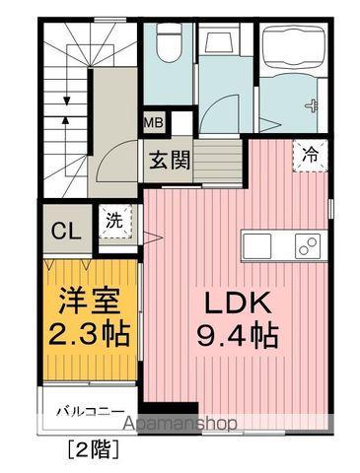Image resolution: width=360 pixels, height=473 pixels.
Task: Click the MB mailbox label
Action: click(154, 124)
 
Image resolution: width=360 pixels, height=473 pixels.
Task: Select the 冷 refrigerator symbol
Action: click(310, 154)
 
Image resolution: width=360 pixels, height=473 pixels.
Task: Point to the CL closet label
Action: click(66, 232)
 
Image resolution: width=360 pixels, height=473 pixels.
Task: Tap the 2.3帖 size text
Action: click(89, 333)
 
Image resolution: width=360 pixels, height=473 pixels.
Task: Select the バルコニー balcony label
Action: click(89, 411)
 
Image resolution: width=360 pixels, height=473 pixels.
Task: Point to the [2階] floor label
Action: click(94, 452)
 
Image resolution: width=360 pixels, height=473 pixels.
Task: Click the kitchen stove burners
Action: click(307, 243)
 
